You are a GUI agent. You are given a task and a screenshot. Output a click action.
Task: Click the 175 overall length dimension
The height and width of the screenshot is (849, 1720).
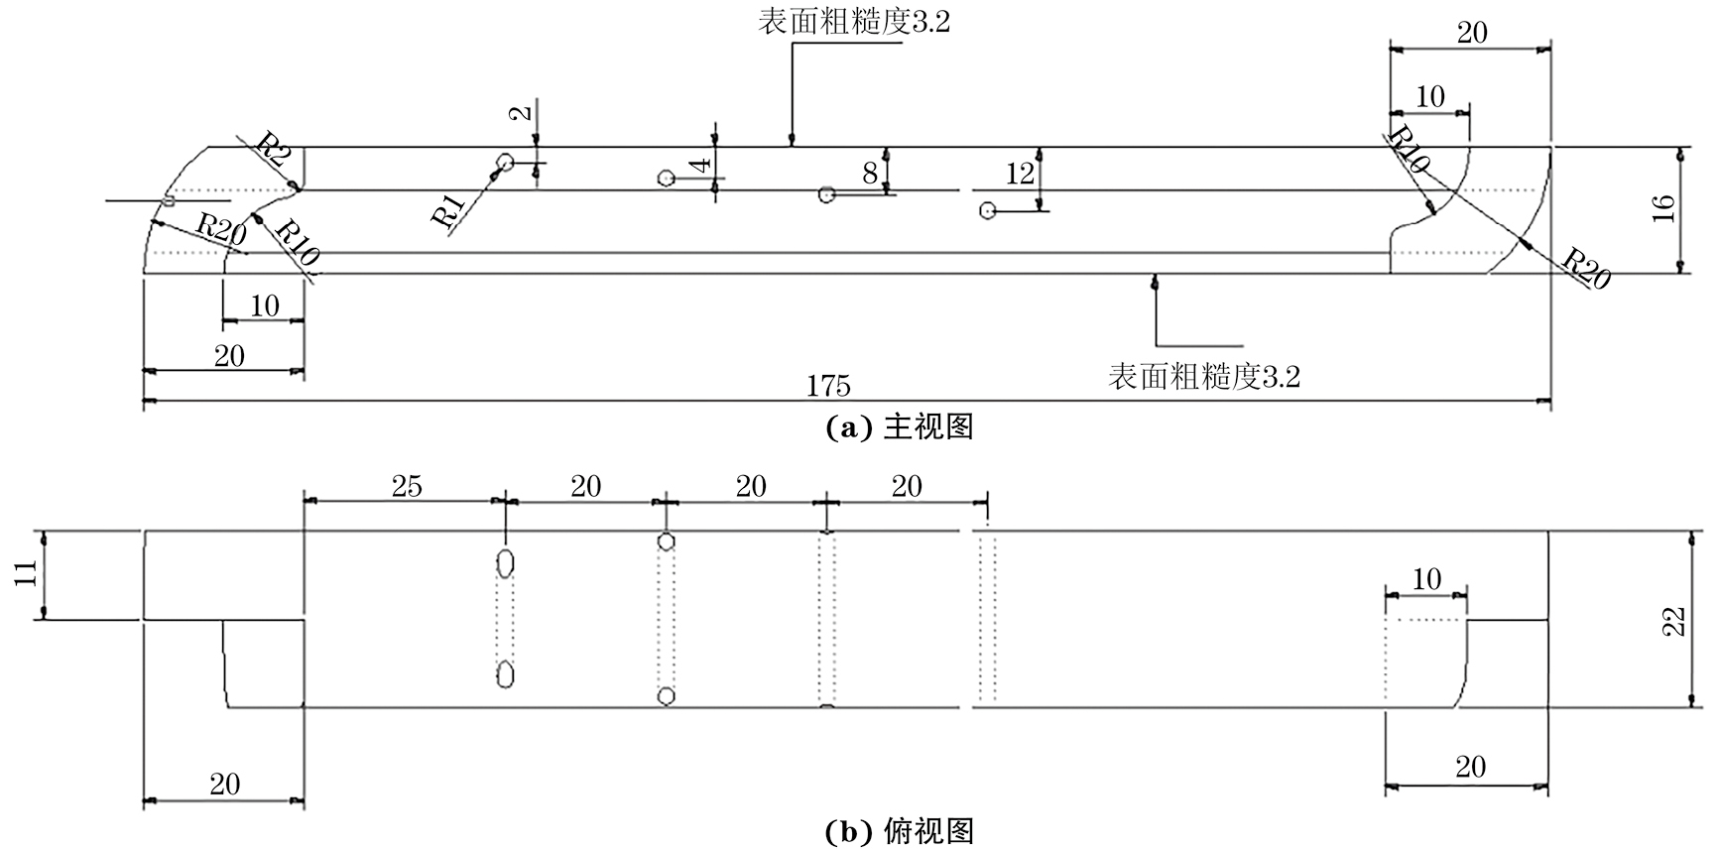827,386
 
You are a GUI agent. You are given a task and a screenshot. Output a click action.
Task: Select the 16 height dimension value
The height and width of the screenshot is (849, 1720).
1663,207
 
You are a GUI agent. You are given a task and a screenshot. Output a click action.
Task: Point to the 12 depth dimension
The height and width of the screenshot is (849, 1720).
1020,174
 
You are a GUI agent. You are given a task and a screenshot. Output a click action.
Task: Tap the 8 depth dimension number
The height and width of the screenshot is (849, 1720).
870,173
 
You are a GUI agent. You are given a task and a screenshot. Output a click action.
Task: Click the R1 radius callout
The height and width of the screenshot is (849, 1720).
450,210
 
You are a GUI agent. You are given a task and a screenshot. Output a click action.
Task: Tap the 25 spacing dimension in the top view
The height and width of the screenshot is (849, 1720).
407,486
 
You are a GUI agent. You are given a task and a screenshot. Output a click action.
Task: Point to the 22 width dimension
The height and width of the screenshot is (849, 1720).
1673,620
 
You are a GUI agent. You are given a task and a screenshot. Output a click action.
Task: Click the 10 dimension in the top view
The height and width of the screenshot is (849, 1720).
1425,579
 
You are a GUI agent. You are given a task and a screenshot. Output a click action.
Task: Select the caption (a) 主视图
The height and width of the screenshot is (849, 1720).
900,427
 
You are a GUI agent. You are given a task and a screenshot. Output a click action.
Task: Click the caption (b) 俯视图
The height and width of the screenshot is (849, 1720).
900,830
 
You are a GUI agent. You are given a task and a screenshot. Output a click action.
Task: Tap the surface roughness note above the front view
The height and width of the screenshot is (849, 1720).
854,22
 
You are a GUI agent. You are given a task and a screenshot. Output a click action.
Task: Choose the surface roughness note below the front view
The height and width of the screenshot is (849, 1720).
1203,377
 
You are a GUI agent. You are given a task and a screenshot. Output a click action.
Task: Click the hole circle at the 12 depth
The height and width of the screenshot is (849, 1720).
987,210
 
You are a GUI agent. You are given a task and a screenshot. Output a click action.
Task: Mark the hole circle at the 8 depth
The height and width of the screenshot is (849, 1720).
826,194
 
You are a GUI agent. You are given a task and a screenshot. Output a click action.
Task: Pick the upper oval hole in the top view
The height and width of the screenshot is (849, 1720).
506,564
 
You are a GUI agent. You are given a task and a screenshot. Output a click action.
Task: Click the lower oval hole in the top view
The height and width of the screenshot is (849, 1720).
506,674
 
